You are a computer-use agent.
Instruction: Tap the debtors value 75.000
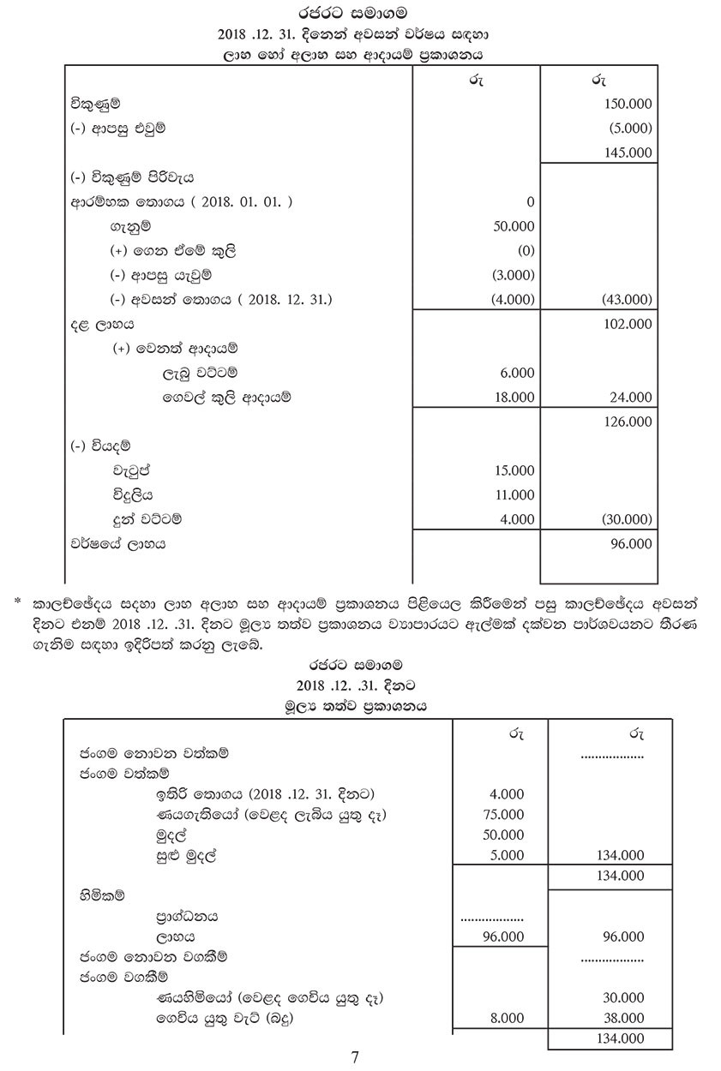point(505,815)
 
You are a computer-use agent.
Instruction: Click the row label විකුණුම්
point(94,104)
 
